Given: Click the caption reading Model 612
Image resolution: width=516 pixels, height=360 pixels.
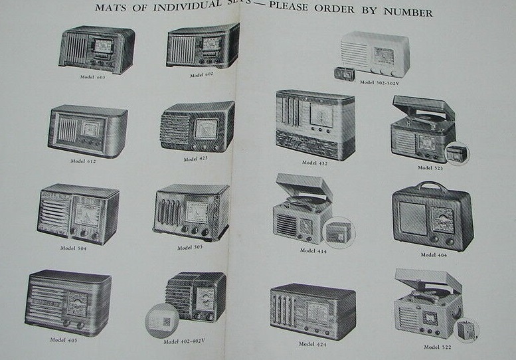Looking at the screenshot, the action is [x=83, y=161].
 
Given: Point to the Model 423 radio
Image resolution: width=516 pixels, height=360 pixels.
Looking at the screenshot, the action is [x=197, y=127].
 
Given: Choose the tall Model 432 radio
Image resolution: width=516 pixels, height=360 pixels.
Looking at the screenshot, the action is [x=315, y=124].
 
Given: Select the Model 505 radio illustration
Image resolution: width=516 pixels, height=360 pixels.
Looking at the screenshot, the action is [x=191, y=213].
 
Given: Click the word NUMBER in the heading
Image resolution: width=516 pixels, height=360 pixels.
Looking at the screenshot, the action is [x=412, y=13].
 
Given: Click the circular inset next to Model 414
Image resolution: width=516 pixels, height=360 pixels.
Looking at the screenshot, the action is [x=338, y=234].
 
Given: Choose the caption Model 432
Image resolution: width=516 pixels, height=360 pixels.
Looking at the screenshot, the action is [x=315, y=162].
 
